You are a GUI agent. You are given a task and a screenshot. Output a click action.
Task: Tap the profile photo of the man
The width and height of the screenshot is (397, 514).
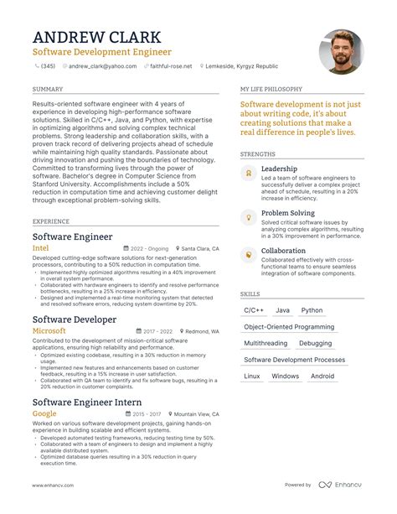pos(341,52)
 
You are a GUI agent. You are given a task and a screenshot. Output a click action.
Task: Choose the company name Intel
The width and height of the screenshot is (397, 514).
pos(40,249)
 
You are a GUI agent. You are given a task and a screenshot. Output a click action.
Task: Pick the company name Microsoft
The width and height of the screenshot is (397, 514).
pos(49,331)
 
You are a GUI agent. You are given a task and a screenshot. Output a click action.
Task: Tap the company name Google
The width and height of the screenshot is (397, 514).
pos(44,413)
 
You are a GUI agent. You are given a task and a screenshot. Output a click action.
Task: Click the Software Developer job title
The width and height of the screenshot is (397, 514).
pos(75,319)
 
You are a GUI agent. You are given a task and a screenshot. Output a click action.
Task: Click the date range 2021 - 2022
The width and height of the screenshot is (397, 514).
pos(154,331)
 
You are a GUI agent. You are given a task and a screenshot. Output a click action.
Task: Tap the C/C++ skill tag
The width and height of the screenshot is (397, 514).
pos(253,310)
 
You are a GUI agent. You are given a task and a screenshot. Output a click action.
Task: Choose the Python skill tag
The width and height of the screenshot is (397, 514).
pos(312,310)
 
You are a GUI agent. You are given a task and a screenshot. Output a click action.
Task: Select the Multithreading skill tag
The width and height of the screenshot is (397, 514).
pos(266,343)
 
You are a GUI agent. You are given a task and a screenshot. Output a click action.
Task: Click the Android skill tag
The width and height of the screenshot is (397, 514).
pos(322,376)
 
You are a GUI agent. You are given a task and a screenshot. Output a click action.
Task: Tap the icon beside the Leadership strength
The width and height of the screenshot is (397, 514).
pos(247,173)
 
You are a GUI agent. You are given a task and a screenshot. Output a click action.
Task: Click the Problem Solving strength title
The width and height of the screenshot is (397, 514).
pos(288,213)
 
